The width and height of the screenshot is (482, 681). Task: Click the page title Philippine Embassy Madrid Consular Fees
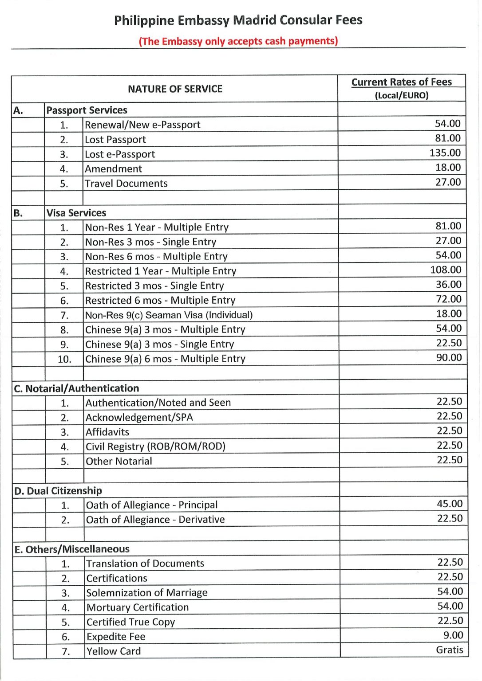[238, 20]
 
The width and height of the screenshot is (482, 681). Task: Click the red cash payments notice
[238, 41]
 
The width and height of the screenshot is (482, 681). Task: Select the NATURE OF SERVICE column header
[175, 89]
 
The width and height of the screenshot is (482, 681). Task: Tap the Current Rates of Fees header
[401, 82]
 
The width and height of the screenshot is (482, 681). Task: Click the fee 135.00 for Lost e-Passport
[445, 153]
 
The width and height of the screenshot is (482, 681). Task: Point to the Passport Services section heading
[87, 110]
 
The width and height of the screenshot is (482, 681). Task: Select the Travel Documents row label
[126, 184]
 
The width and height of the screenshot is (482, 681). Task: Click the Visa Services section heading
[76, 213]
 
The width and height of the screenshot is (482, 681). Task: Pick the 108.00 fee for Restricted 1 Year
[446, 270]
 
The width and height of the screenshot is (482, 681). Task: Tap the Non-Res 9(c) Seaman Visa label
[169, 315]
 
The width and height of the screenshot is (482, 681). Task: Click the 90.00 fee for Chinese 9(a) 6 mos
[449, 358]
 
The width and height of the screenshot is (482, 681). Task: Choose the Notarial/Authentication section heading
[76, 389]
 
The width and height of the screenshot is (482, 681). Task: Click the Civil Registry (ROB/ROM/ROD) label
[155, 446]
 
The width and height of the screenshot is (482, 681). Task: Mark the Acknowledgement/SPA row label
[139, 418]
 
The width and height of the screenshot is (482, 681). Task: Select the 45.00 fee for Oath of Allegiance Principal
[450, 504]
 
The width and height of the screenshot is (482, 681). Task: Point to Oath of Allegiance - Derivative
[155, 520]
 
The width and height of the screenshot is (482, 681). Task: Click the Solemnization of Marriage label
[147, 593]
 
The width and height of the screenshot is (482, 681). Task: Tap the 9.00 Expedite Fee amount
[453, 635]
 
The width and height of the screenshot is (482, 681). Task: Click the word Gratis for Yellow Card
[449, 650]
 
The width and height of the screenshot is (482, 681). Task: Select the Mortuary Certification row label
[138, 608]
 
